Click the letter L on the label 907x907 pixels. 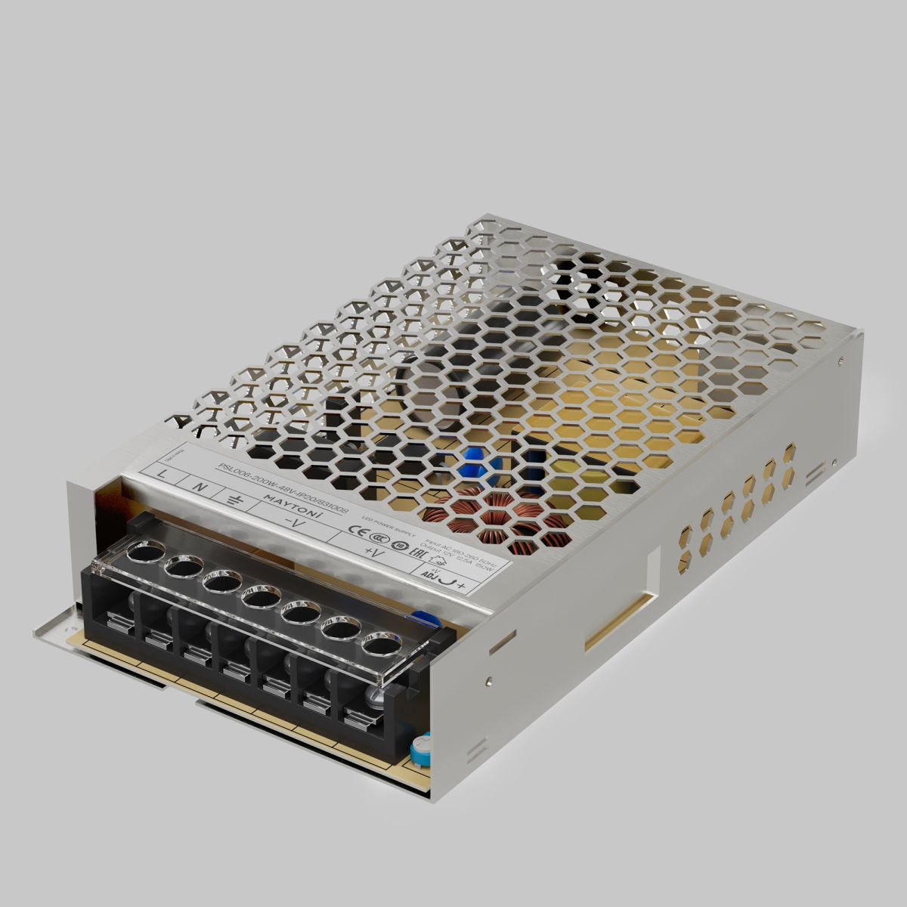165,473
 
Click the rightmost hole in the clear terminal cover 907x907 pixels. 380,645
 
